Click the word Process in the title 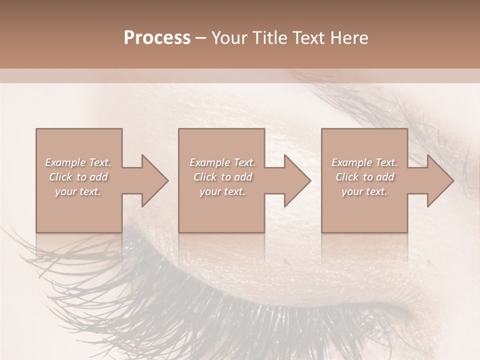click(x=157, y=38)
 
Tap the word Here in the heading click(x=349, y=38)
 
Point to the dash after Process click(x=201, y=38)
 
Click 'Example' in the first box click(x=65, y=162)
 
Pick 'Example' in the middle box click(x=209, y=162)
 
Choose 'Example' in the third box click(x=351, y=162)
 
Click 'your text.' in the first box click(x=78, y=191)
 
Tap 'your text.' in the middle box click(x=222, y=191)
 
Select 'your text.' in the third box click(x=364, y=191)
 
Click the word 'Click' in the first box click(x=60, y=177)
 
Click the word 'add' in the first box click(x=99, y=177)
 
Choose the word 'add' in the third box click(x=385, y=177)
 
